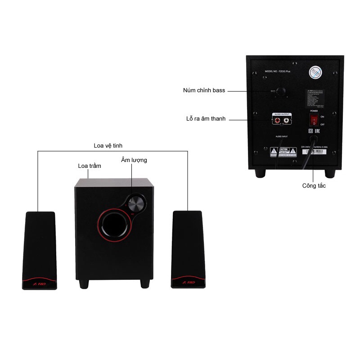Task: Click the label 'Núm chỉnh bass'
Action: point(204,90)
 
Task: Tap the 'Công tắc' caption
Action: point(314,185)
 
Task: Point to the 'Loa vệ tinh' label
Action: point(108,145)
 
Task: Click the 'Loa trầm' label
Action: point(90,166)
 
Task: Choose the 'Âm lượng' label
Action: point(134,160)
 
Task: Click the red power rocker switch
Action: point(314,120)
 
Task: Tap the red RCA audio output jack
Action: point(276,120)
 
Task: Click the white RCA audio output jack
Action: point(286,120)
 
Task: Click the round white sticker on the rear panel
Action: point(315,73)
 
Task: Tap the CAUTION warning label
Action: point(283,152)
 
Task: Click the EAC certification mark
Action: point(316,131)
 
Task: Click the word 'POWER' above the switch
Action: point(314,110)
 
